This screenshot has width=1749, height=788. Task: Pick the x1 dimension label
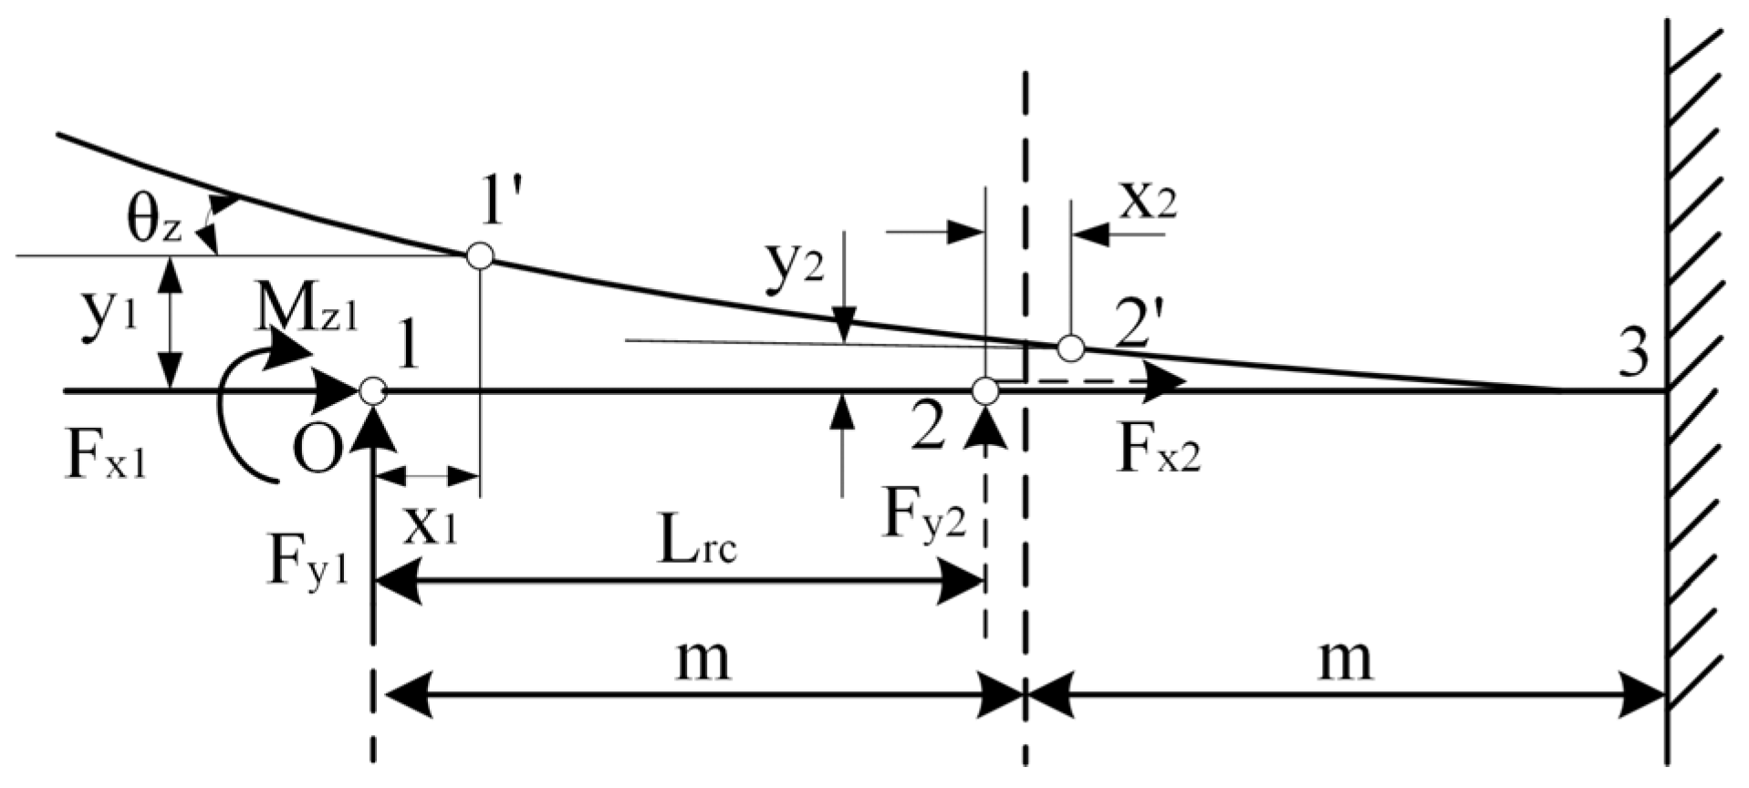[x=430, y=527]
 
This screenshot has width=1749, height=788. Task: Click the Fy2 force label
[x=923, y=517]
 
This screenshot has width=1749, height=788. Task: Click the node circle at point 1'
[x=480, y=256]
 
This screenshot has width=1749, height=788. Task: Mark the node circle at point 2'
[x=1070, y=347]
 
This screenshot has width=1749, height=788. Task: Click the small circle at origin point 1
[x=371, y=391]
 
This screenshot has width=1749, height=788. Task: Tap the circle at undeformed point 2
[x=984, y=391]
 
